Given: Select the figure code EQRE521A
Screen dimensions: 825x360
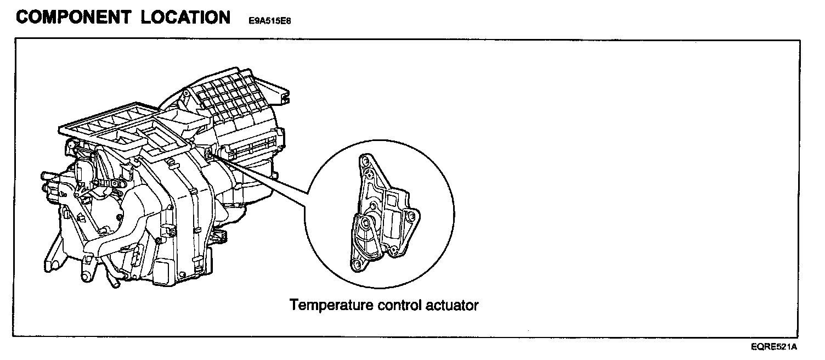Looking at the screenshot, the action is coord(774,347).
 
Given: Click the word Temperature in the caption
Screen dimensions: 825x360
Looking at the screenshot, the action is coord(332,305).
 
